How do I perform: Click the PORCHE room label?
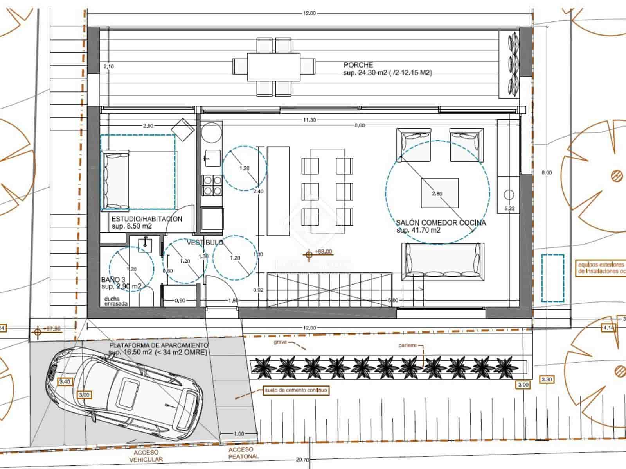coord(358,65)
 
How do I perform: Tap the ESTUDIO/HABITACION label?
coord(147,219)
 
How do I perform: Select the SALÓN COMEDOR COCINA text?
coord(441,223)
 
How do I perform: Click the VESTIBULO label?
coord(204,242)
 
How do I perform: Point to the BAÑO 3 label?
coord(113,280)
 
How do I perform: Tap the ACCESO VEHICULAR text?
coord(146,456)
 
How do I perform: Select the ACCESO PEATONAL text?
coord(243,453)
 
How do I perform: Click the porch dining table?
coord(273,66)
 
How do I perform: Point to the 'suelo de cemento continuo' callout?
coord(296,390)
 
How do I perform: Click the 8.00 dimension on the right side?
coord(547,172)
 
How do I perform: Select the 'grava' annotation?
coord(280,342)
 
